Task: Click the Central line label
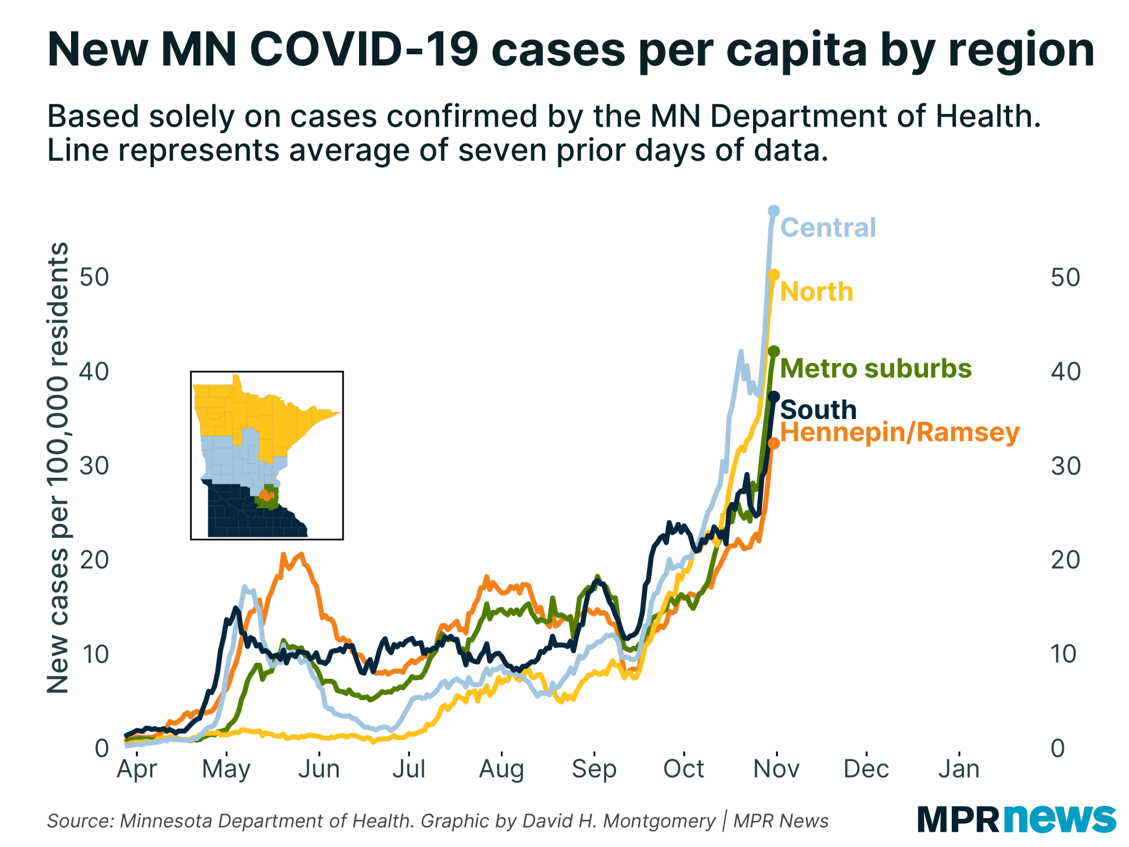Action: point(828,228)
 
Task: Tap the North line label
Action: point(816,292)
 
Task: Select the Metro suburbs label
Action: point(876,368)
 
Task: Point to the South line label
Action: point(818,409)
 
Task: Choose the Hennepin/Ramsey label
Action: point(900,433)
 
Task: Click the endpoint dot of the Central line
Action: point(774,211)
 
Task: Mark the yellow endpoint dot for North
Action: point(774,275)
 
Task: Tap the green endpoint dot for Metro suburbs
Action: point(774,351)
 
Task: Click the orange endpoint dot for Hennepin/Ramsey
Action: point(774,444)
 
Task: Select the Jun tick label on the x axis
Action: point(319,769)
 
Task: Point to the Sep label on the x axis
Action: point(594,769)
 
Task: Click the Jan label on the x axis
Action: point(959,769)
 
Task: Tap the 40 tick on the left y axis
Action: point(94,372)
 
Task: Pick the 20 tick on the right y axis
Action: point(1065,560)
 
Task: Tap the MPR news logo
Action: point(1016,818)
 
